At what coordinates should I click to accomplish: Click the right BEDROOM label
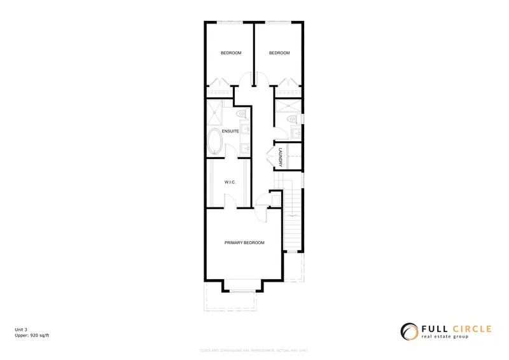coord(279,53)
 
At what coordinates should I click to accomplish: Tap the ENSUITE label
coord(230,131)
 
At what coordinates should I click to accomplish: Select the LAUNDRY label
coord(279,156)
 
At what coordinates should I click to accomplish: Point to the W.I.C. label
coord(230,183)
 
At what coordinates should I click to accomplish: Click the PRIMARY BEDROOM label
coord(244,243)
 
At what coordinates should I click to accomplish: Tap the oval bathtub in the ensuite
coord(215,141)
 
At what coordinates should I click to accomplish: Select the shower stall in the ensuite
coord(214,114)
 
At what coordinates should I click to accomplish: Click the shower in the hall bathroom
coord(289,105)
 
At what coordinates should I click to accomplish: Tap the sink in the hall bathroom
coord(296,132)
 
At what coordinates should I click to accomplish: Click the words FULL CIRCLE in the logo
coord(456,329)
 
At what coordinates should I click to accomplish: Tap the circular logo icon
coord(408,331)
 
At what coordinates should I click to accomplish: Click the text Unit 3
coord(22,329)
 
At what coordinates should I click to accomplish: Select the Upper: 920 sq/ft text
coord(32,335)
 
